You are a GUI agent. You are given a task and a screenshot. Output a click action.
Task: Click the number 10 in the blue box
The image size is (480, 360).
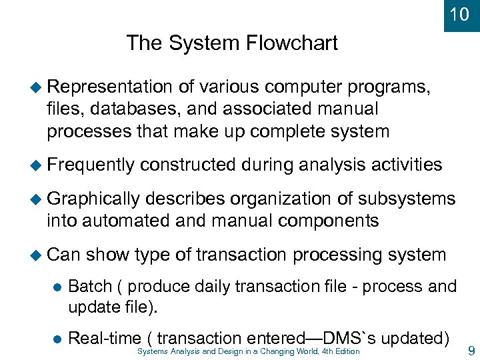(460, 14)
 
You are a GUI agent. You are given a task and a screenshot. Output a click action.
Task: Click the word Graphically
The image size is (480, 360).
(94, 199)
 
